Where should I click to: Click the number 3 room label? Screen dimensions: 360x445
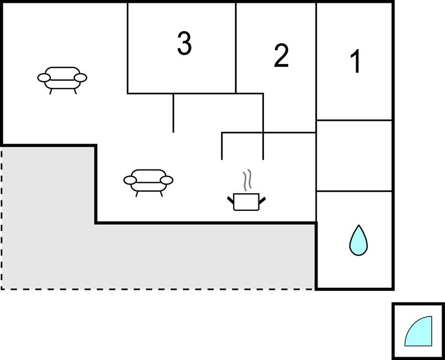click(184, 44)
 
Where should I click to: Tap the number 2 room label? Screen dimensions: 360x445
click(282, 56)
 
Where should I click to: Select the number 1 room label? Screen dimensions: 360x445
click(357, 61)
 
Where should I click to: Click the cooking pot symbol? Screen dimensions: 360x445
click(246, 202)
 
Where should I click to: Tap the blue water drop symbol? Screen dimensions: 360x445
click(358, 240)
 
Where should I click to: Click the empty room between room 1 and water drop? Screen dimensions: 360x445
click(354, 156)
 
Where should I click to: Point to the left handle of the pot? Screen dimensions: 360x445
click(231, 199)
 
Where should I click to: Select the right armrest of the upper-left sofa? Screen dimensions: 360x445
click(81, 78)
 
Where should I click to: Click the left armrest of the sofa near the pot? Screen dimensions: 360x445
click(130, 180)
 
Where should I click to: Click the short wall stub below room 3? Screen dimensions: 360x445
click(173, 113)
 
